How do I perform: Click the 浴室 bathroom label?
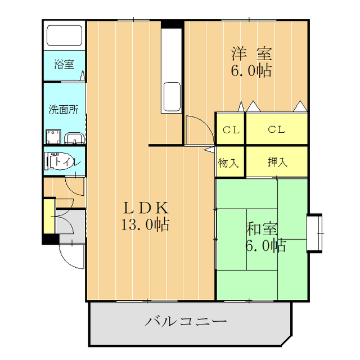pos(64,64)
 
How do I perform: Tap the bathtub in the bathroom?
pos(64,35)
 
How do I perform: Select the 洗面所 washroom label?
pos(63,109)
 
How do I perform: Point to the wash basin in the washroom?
pos(74,138)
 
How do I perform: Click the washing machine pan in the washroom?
pos(54,137)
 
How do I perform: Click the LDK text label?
pos(146,206)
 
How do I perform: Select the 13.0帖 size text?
pos(145,225)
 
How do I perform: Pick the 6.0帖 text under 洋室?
pos(251,71)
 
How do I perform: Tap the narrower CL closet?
pos(231,130)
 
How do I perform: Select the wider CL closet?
pos(276,130)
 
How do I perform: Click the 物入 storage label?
pos(229,163)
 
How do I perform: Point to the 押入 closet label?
pos(277,163)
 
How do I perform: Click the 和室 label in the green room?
pos(262,228)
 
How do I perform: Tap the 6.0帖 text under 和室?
pos(264,245)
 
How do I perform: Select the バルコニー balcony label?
pos(186,322)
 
